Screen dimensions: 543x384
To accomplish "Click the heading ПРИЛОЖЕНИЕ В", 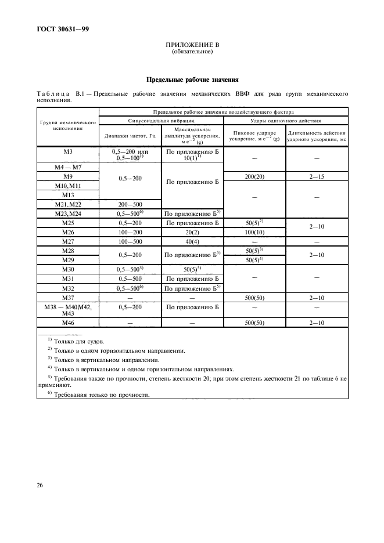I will point(192,45).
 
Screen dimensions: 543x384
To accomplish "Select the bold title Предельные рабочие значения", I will point(192,79).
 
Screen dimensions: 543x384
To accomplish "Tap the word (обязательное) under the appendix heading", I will point(192,52).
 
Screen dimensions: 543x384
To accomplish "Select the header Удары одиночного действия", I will point(285,120).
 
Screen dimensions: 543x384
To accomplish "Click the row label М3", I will point(67,151).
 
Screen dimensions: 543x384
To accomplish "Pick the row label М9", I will point(67,176).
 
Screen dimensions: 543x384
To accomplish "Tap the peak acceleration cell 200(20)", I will point(252,176).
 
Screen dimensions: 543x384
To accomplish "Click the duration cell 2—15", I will point(317,176).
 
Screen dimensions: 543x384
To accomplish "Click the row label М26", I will point(67,231).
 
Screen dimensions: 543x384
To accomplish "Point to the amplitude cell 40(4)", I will point(192,241).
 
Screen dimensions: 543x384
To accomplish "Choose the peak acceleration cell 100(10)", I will point(252,231).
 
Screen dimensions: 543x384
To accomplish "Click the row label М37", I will point(67,297).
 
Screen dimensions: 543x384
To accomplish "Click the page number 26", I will point(40,484).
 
